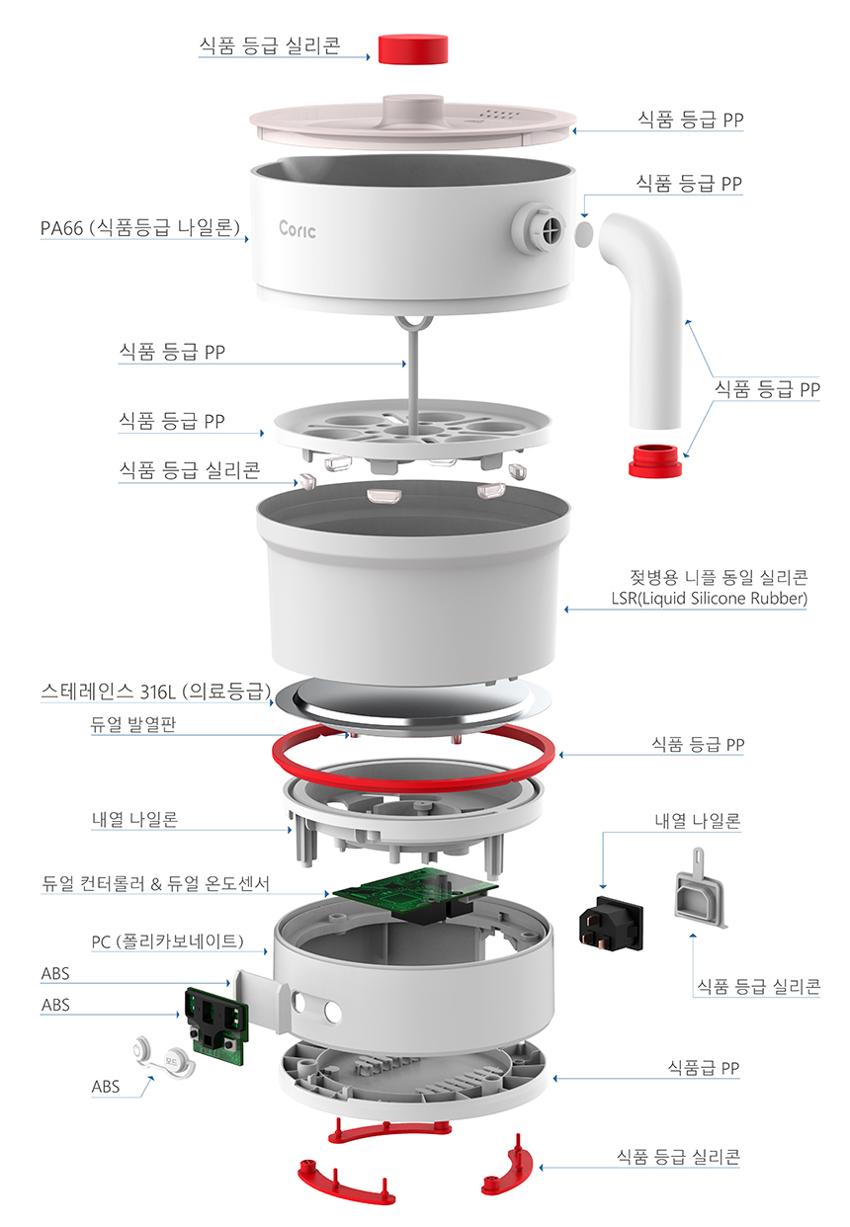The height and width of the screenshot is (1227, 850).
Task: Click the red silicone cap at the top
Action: click(x=412, y=47)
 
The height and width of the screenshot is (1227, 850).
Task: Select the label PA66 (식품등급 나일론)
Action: click(x=140, y=229)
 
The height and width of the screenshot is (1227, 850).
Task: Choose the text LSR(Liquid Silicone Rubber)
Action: click(x=709, y=599)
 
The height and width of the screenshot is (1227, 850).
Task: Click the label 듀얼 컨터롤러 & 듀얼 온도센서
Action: click(x=155, y=882)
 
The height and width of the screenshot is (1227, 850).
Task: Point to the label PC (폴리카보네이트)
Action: click(x=167, y=941)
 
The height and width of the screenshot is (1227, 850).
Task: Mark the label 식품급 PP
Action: click(x=704, y=1068)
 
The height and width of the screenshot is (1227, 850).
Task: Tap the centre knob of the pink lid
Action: click(x=412, y=107)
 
